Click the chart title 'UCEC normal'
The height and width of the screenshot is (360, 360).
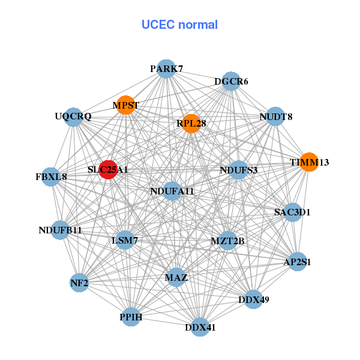click(179, 25)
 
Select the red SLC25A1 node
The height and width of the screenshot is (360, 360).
click(108, 170)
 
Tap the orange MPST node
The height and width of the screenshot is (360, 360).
click(125, 105)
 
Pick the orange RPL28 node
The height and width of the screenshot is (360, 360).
click(191, 123)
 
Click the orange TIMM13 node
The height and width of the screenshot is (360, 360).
click(309, 162)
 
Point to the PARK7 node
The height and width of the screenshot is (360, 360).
click(166, 68)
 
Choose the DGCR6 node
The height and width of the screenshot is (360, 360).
click(231, 81)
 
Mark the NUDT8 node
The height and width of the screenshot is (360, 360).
click(275, 116)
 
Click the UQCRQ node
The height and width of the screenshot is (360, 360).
click(73, 116)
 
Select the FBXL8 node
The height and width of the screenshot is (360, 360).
click(52, 177)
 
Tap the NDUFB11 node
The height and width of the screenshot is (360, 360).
click(60, 230)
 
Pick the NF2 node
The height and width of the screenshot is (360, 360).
click(79, 282)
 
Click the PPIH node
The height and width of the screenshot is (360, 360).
click(131, 316)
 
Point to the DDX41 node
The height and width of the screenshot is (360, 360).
click(200, 328)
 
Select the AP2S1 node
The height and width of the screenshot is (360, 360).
click(297, 262)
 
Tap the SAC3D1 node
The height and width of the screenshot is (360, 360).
click(292, 212)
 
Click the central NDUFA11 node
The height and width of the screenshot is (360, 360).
click(172, 191)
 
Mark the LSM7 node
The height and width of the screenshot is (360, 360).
click(125, 241)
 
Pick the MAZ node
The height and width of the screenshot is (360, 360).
click(176, 278)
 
